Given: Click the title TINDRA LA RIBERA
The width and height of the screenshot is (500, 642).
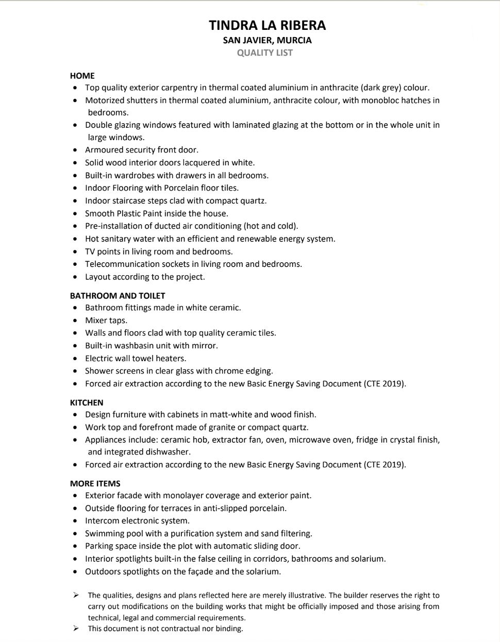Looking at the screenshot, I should [x=267, y=25].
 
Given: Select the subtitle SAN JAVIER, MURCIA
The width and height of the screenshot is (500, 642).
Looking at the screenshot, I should [x=267, y=40].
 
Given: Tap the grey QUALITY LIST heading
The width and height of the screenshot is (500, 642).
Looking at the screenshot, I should [x=265, y=53].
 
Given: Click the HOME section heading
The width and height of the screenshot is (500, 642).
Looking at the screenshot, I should [x=82, y=76].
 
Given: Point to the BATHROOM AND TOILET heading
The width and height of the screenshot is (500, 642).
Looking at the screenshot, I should [x=118, y=296].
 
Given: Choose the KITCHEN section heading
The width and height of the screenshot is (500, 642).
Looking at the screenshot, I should [x=87, y=402].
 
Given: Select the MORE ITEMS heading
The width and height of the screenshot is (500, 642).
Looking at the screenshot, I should [x=95, y=483].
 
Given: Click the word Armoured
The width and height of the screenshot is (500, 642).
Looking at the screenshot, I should [x=104, y=150].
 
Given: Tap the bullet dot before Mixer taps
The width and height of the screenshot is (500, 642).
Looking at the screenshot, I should [x=76, y=321].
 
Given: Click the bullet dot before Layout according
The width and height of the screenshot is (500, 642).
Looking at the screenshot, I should [x=76, y=277].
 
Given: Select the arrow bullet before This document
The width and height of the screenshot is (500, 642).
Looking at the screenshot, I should [x=76, y=628].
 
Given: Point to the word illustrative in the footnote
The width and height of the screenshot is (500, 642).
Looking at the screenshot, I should [x=306, y=595].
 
